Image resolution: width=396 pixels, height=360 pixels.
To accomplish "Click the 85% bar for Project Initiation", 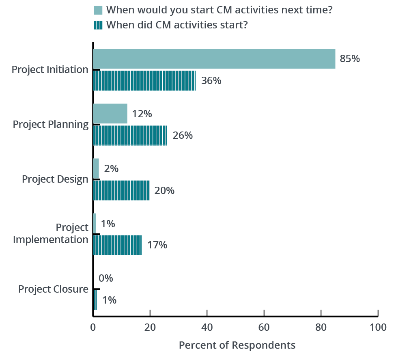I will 214,59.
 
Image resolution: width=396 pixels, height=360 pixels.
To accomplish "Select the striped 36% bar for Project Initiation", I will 144,80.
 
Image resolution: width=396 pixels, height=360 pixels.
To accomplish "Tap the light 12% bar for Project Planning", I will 110,114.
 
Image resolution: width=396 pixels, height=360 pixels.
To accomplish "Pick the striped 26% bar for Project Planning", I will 130,135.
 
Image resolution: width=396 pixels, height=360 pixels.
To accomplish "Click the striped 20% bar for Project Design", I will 121,190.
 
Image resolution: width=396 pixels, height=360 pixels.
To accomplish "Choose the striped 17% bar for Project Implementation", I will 117,245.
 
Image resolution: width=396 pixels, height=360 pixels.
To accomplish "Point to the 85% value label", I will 350,59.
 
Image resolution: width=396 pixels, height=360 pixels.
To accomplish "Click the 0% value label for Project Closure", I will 105,278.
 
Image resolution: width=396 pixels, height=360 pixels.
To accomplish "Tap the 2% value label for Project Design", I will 111,168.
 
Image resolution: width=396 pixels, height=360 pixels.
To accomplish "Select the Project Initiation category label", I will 50,69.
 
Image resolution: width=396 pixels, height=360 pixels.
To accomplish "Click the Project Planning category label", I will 51,124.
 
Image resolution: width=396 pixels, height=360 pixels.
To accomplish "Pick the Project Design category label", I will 55,179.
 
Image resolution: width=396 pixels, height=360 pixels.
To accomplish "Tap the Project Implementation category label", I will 51,233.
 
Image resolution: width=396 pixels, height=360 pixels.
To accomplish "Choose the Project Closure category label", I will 53,289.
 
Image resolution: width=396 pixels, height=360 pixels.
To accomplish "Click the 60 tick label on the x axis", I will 264,327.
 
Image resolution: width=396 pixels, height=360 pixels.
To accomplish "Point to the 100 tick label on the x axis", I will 378,327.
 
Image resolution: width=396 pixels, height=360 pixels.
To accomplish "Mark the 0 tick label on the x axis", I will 93,327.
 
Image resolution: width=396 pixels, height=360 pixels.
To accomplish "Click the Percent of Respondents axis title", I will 237,345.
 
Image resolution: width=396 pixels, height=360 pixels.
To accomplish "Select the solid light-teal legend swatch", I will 98,10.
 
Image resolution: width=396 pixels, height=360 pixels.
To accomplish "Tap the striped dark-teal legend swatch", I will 98,25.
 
